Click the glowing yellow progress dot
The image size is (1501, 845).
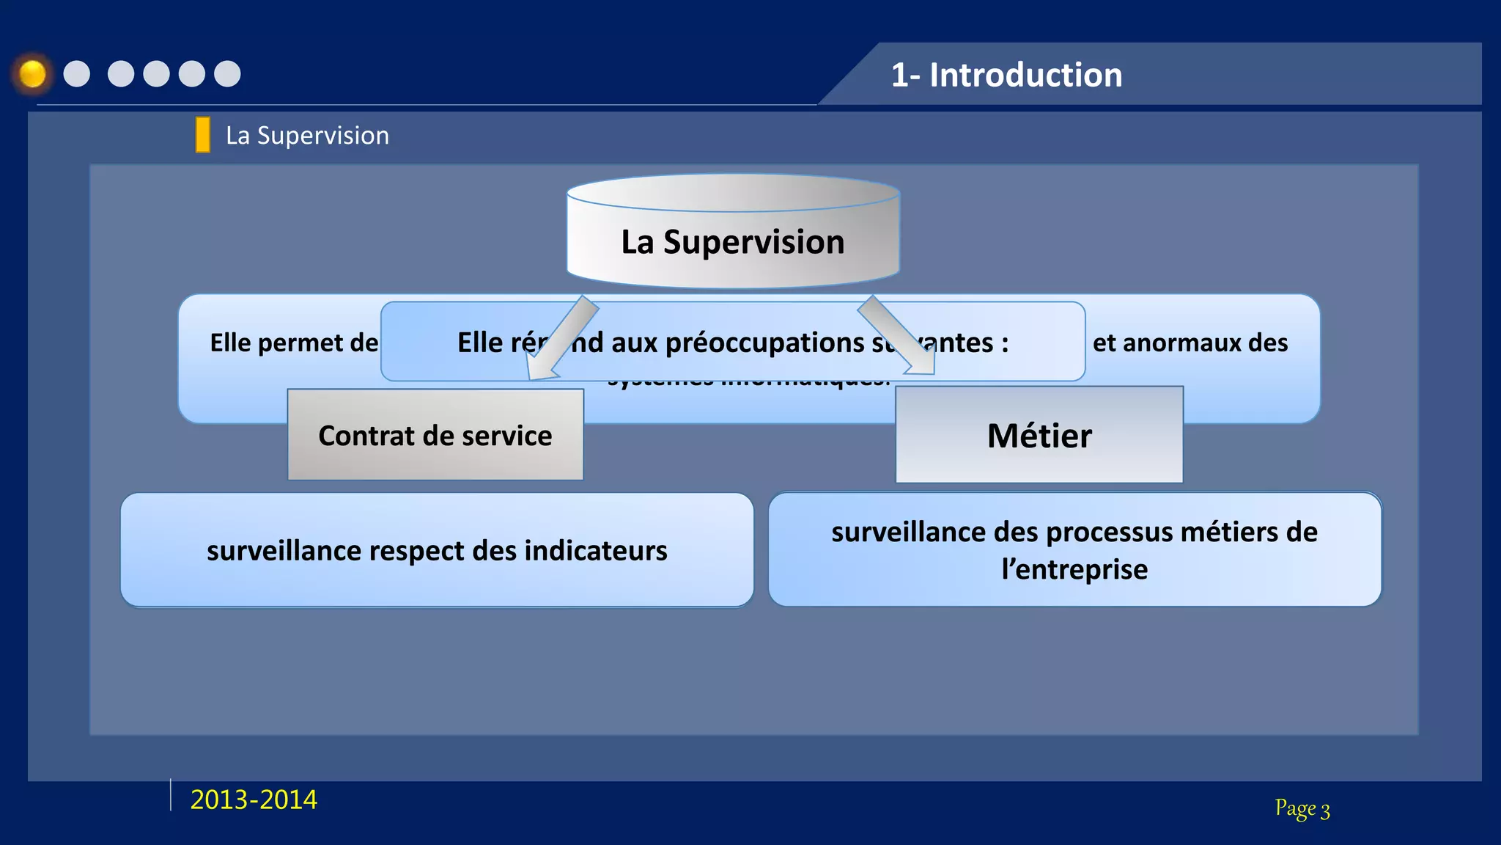tap(32, 74)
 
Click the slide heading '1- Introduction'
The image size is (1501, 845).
tap(1006, 75)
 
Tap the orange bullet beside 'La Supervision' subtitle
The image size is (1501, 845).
tap(203, 135)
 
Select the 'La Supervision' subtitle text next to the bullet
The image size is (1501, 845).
tap(307, 136)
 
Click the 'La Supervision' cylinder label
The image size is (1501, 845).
tap(733, 242)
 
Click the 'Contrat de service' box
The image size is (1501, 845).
tap(435, 435)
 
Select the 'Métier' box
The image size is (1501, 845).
tap(1039, 435)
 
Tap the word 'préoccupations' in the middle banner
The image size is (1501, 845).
tap(764, 343)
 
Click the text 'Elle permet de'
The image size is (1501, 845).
tap(294, 343)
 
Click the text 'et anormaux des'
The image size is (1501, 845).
tap(1190, 343)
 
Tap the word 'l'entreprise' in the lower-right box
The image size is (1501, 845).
tap(1074, 570)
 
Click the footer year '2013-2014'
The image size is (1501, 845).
tap(254, 800)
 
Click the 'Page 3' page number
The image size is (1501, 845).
tap(1302, 808)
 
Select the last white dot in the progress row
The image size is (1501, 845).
tap(227, 74)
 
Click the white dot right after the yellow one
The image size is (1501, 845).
tap(77, 74)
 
